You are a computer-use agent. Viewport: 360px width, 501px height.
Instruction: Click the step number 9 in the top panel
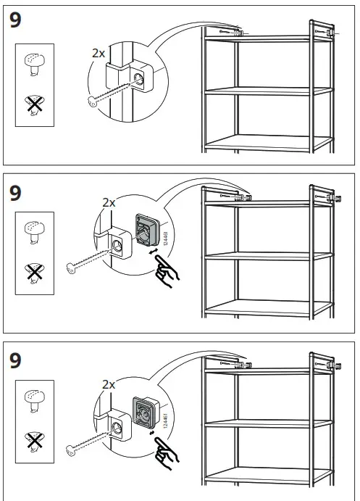(16, 20)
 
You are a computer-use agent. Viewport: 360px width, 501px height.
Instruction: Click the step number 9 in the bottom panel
(16, 360)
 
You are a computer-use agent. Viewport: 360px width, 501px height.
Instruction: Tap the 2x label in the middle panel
(109, 203)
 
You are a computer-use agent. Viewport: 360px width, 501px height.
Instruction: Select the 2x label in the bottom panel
(109, 384)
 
